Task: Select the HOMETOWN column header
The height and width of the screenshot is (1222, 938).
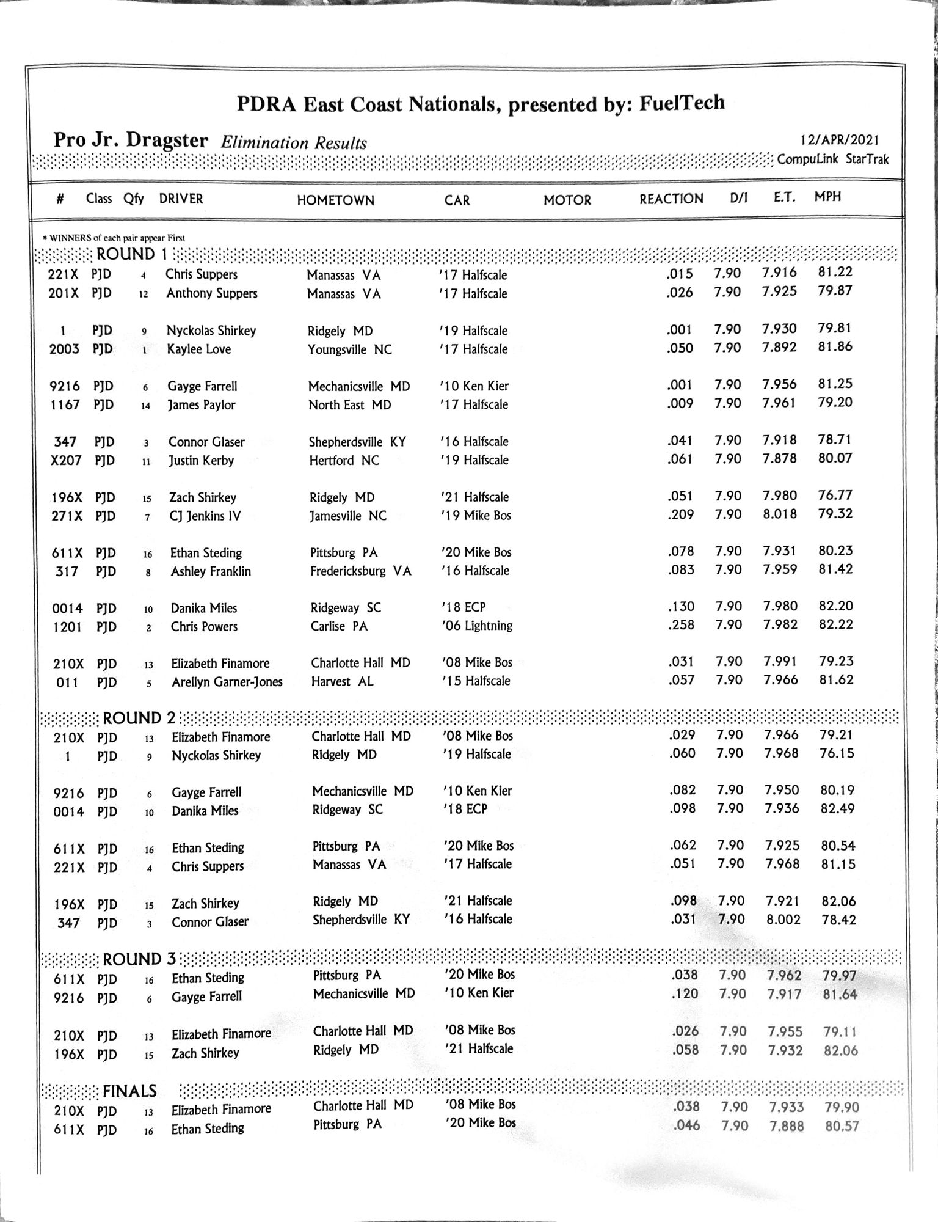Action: [x=335, y=200]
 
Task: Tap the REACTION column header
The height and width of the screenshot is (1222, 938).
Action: [x=671, y=199]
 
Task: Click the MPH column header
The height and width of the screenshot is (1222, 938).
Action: [x=827, y=197]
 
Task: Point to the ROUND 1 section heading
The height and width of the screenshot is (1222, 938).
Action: [x=131, y=254]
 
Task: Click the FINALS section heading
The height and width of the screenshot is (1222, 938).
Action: [x=129, y=1091]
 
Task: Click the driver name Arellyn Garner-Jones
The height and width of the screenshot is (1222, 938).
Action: [x=227, y=681]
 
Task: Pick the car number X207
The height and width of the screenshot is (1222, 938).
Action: [x=66, y=460]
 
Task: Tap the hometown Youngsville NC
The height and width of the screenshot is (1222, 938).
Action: [x=350, y=349]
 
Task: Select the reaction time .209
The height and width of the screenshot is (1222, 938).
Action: [x=680, y=514]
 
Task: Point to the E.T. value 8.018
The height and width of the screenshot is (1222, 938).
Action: [x=779, y=513]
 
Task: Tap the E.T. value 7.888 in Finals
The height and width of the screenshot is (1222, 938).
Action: [x=787, y=1126]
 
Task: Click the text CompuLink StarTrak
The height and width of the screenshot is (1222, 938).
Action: [x=832, y=159]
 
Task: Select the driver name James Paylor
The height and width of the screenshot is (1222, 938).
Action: [x=202, y=404]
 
